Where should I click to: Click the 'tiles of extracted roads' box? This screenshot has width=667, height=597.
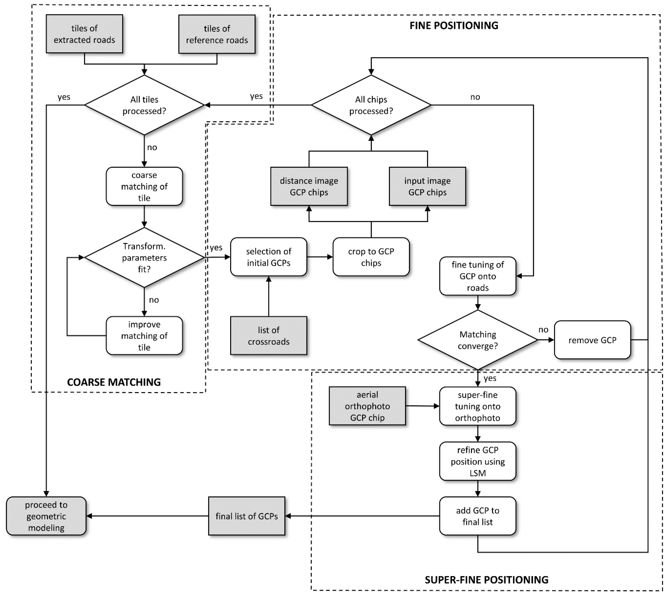pos(84,34)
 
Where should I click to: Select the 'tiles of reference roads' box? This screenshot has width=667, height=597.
pos(217,34)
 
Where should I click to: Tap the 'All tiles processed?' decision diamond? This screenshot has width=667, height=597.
pos(144,105)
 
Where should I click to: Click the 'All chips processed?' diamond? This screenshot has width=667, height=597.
pos(371,105)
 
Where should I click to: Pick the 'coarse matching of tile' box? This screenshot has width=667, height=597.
pos(144,186)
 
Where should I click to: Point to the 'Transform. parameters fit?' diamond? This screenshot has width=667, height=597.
pos(144,257)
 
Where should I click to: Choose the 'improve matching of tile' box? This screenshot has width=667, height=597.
pos(144,336)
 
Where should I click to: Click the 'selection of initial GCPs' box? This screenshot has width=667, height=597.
pos(269,257)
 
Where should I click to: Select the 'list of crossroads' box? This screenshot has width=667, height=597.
pos(269,336)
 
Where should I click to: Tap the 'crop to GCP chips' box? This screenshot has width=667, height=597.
pos(371,257)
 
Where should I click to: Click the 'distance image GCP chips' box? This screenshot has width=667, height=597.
pos(309,186)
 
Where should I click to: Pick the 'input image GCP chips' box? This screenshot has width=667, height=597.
pos(427,186)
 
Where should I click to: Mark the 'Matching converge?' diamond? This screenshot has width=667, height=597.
pos(477,340)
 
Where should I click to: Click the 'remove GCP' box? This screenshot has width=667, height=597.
pos(592,340)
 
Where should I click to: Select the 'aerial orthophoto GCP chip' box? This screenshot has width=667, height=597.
pos(367,406)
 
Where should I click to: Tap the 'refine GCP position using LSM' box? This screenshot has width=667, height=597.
pos(477,461)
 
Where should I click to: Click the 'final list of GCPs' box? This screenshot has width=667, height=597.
pos(247,516)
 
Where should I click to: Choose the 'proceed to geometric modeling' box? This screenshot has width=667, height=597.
pos(46,516)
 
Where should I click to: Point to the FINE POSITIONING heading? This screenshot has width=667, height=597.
pos(454,26)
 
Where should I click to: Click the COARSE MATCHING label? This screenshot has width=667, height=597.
pos(114,382)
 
